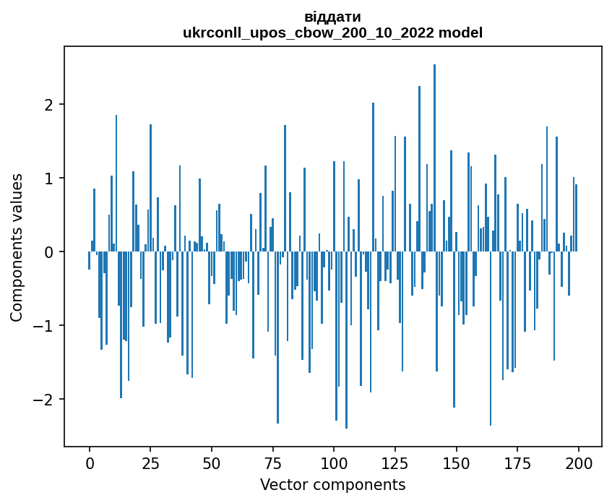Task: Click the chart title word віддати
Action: coord(332,17)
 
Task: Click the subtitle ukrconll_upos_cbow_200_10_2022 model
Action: coord(332,33)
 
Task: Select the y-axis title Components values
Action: coord(17,247)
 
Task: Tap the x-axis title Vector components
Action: coord(332,484)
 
